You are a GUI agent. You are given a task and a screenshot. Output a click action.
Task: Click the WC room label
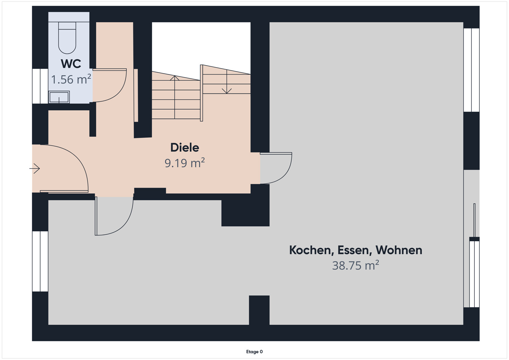(x=71, y=64)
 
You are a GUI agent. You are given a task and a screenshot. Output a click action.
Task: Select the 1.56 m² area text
(x=71, y=79)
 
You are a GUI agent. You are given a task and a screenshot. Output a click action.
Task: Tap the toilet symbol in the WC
(x=67, y=37)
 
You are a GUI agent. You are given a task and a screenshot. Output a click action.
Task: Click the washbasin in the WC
(x=59, y=97)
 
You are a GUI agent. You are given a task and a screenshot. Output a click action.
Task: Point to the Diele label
(x=185, y=148)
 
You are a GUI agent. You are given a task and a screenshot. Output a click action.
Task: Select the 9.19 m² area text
(x=185, y=163)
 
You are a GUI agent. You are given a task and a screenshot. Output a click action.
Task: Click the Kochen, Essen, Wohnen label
(x=355, y=250)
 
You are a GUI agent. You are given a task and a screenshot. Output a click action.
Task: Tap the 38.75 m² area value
(x=355, y=265)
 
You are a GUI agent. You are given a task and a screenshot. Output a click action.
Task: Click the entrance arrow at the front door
(x=35, y=168)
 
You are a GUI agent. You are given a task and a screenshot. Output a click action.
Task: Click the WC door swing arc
(x=112, y=87)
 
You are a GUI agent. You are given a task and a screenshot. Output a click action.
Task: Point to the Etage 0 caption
(x=254, y=352)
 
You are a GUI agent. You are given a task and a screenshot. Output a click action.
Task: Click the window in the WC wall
(x=40, y=86)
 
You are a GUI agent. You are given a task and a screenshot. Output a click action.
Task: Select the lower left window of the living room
(x=40, y=261)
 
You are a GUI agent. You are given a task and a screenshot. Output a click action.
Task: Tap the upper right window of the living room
(x=471, y=70)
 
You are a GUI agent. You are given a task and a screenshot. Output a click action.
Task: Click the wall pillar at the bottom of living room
(x=259, y=310)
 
